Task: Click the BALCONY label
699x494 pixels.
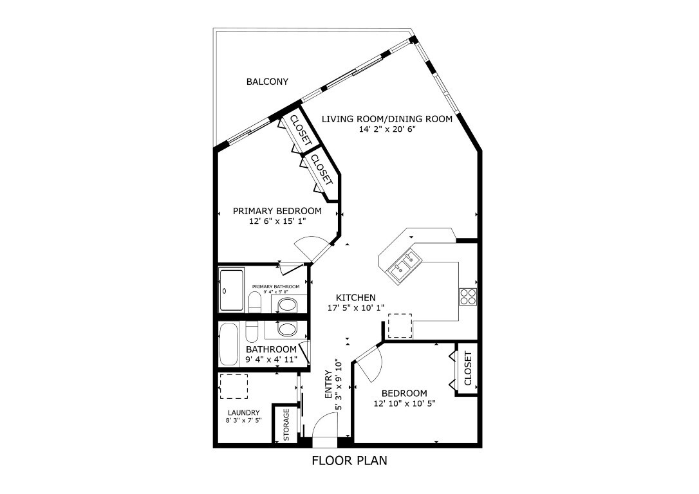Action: [267, 82]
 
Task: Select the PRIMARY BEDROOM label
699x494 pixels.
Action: [277, 211]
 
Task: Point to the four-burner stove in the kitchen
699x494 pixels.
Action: [467, 297]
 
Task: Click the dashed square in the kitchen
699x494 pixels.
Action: [400, 325]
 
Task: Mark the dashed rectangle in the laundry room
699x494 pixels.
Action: [234, 386]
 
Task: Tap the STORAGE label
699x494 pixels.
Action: [286, 425]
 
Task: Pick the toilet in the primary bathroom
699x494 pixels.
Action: [254, 302]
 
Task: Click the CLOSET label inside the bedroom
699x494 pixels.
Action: [468, 369]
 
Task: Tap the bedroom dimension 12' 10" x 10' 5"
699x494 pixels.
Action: [404, 404]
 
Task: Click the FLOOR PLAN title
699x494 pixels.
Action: [349, 461]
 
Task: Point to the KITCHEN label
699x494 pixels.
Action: [356, 298]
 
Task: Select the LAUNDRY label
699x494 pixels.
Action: [244, 413]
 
